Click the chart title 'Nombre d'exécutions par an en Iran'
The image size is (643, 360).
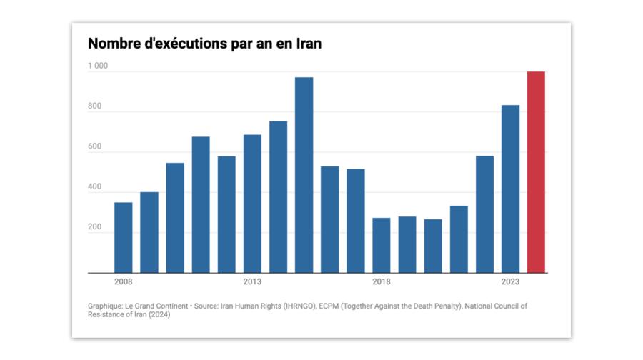pos(204,43)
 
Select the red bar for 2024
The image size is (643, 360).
pos(536,172)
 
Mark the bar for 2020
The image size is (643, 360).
pos(433,246)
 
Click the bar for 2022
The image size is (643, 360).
pos(484,214)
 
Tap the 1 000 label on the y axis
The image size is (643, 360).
pos(98,66)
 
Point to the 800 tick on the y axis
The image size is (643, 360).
pos(95,106)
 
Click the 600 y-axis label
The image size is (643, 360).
pos(95,147)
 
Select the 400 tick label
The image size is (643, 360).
pos(95,187)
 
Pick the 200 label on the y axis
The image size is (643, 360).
pos(95,227)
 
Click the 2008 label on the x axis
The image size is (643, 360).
pos(124,281)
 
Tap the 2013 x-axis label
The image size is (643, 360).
pos(252,281)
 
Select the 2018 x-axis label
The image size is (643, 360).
pos(382,281)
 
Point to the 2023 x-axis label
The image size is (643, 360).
pos(510,281)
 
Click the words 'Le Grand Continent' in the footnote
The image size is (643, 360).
pos(156,306)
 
